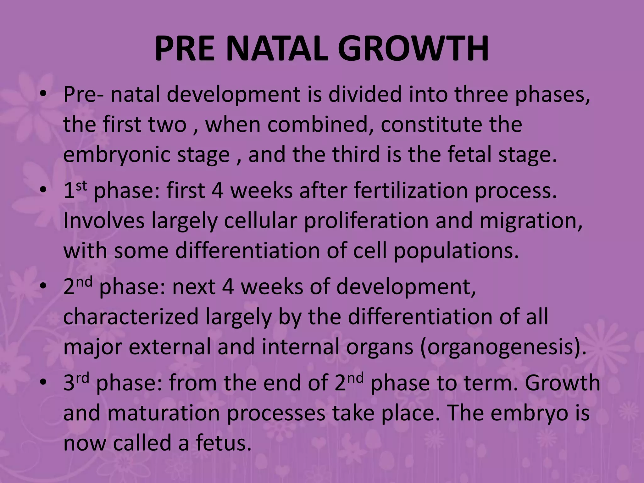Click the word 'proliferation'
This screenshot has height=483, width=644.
[x=366, y=221]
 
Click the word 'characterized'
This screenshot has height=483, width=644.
[x=131, y=317]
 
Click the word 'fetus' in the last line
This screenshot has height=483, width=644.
[x=223, y=443]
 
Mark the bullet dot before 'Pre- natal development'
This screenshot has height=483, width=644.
[x=44, y=95]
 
